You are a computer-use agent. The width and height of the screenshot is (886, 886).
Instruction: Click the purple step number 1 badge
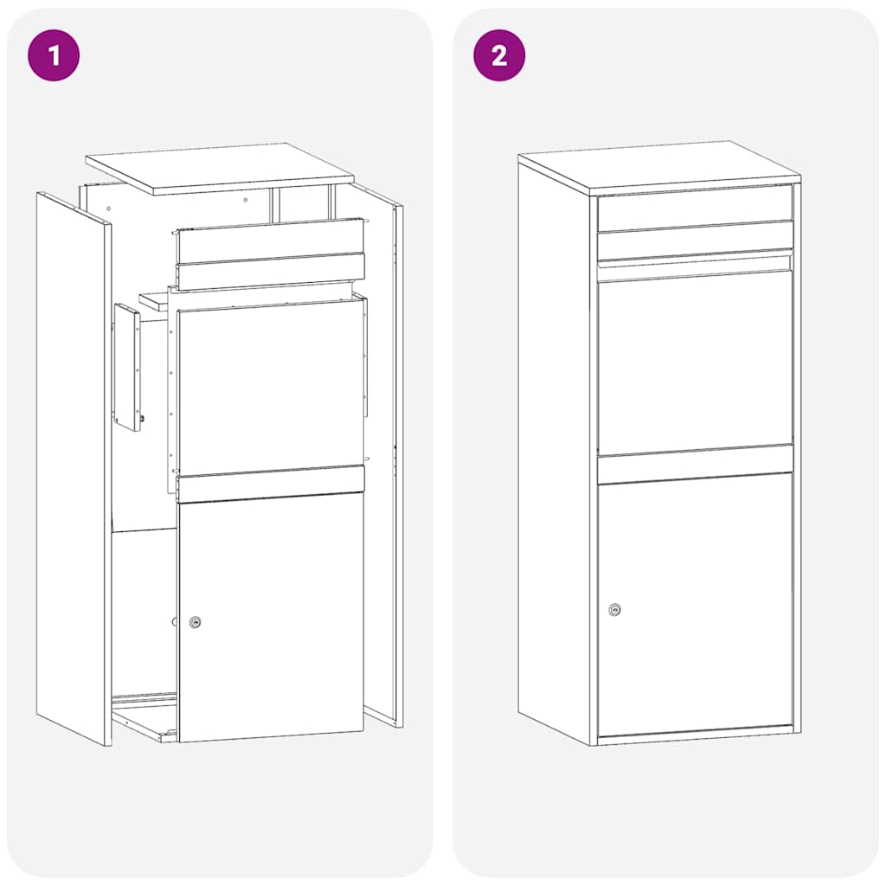pos(54,55)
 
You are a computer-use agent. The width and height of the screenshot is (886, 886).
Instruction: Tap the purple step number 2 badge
pos(499,55)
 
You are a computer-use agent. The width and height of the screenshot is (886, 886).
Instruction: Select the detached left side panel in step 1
pos(73,467)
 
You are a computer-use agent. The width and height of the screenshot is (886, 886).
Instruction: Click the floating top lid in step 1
pos(220,168)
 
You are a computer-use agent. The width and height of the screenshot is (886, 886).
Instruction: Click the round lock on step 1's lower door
pos(196,622)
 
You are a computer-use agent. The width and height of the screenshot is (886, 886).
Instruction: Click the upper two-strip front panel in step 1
pos(270,254)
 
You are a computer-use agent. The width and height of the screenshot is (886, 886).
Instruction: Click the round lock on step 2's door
pos(614,610)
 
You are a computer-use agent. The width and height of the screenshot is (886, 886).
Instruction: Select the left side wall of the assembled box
pos(554,450)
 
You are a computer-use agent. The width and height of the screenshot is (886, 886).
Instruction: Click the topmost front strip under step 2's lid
pos(695,209)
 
